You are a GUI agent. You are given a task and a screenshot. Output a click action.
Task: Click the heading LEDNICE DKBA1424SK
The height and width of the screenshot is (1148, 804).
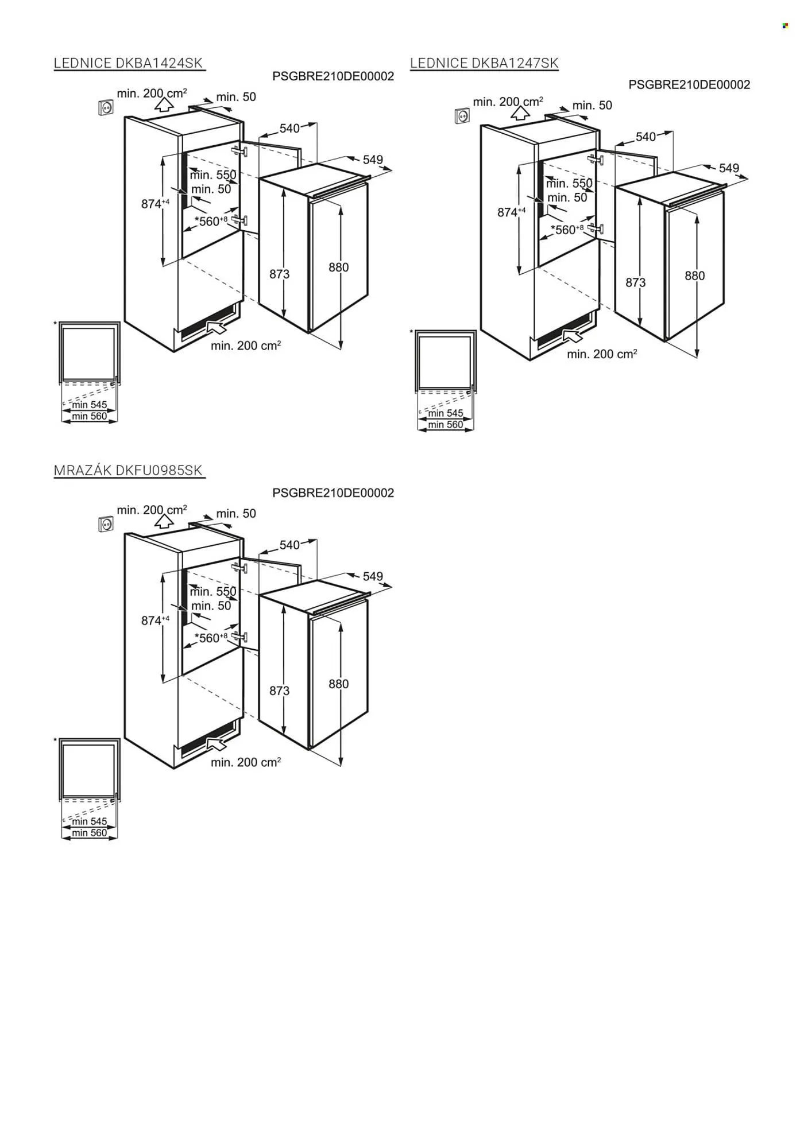[129, 63]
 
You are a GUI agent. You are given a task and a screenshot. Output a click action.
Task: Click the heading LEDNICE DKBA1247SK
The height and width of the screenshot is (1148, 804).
[484, 63]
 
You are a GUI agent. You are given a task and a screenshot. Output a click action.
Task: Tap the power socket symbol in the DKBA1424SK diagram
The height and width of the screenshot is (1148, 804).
[106, 107]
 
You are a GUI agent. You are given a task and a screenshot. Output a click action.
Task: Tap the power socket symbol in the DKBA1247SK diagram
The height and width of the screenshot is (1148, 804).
[462, 116]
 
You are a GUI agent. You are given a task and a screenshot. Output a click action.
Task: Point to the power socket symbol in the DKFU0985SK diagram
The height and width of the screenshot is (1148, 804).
[106, 524]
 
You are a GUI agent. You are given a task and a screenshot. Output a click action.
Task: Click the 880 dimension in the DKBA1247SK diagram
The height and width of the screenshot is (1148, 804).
[694, 276]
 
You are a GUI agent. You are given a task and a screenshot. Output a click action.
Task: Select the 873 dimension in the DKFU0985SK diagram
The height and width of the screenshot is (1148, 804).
[280, 691]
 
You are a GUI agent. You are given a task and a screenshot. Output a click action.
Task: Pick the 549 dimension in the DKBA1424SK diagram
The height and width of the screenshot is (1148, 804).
[373, 160]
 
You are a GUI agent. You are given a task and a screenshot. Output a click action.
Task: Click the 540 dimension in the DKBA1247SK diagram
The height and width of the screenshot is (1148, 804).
[645, 137]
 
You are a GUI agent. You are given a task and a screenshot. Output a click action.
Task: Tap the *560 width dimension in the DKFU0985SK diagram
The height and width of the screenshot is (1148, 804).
[211, 638]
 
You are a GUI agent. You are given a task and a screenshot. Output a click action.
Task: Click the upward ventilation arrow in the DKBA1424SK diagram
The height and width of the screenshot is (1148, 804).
[164, 104]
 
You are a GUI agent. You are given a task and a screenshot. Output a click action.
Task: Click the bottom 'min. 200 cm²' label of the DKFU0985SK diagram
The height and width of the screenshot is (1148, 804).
[246, 762]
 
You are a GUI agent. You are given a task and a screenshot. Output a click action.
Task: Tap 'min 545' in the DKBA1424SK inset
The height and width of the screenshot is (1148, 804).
[89, 405]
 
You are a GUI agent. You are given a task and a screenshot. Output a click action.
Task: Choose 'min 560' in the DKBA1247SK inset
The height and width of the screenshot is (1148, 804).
[445, 425]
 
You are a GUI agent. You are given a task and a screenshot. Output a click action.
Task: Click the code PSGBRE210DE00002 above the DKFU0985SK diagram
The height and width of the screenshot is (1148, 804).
[333, 493]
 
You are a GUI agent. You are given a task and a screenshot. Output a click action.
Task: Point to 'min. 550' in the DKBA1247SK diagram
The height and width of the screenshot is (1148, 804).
[569, 184]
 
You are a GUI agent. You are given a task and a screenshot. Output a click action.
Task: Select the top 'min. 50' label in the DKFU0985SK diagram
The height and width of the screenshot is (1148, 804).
[236, 514]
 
